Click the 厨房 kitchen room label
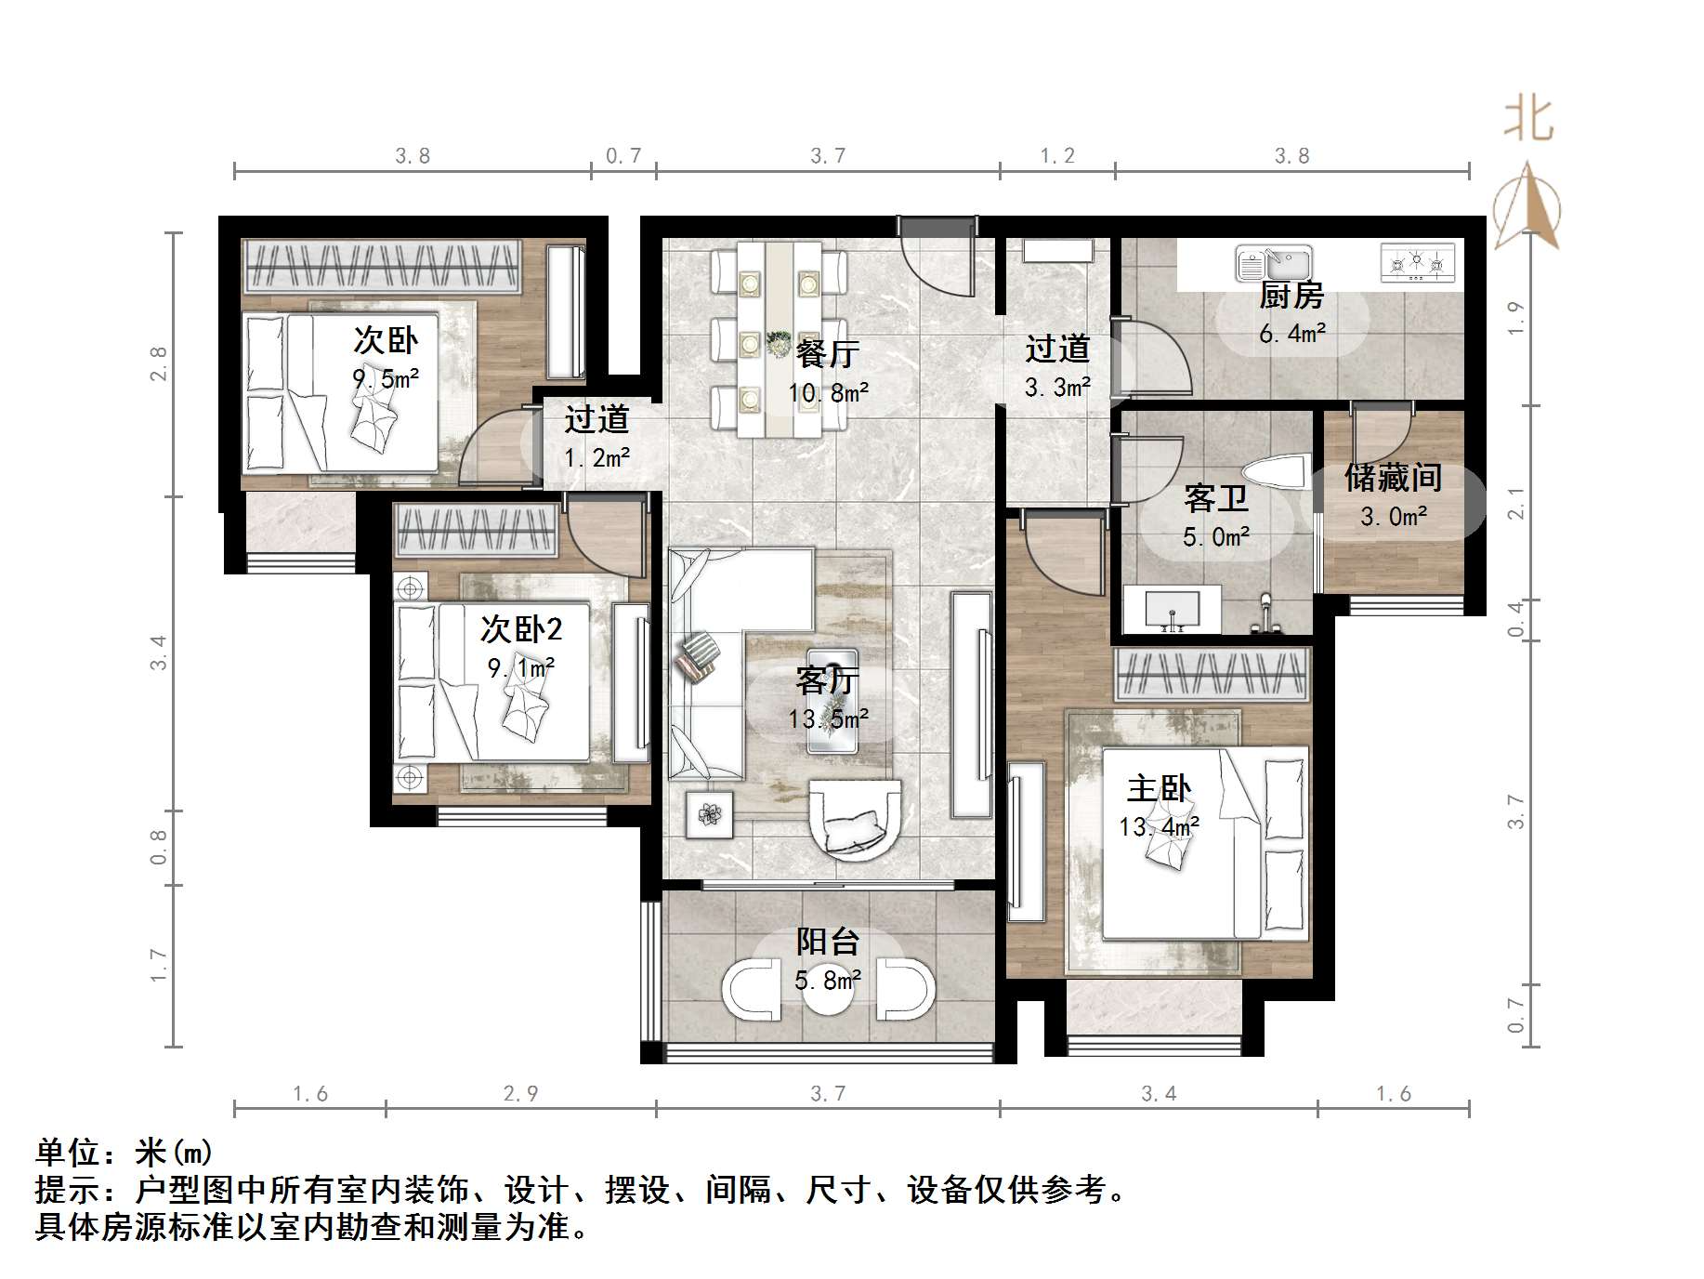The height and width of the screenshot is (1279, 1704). click(x=1291, y=296)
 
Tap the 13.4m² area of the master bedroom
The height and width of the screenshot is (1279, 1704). click(x=1159, y=826)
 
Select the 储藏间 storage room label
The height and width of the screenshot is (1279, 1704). click(x=1392, y=478)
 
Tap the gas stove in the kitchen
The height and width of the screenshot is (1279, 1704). click(x=1418, y=263)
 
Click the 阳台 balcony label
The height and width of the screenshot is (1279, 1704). click(x=827, y=942)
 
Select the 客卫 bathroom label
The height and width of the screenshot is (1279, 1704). click(x=1215, y=499)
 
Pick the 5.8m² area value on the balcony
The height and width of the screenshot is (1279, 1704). click(x=827, y=980)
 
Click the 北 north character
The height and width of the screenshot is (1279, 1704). click(x=1528, y=120)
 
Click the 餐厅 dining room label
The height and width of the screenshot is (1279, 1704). click(x=827, y=353)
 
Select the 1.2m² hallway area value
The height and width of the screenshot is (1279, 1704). click(x=596, y=457)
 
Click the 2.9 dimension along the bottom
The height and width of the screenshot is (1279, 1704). click(x=520, y=1093)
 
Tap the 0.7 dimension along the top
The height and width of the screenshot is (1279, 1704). click(x=623, y=155)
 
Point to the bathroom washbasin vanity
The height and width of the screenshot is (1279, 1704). click(x=1172, y=609)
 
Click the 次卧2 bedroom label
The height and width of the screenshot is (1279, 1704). click(x=520, y=629)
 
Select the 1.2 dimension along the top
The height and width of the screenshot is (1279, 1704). click(x=1057, y=155)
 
